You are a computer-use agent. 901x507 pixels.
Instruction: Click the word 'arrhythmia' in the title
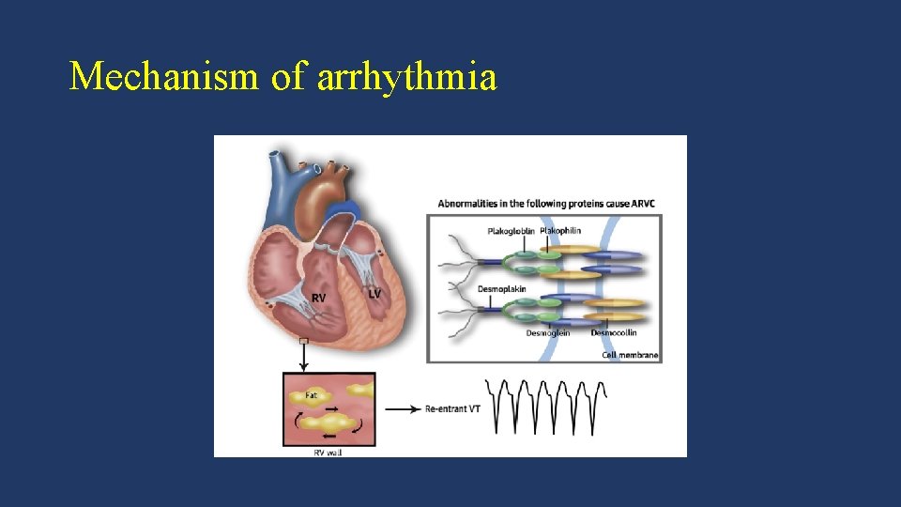pyautogui.click(x=406, y=77)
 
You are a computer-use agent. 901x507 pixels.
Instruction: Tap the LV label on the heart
pyautogui.click(x=374, y=293)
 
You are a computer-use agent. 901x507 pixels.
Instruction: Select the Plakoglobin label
pyautogui.click(x=512, y=231)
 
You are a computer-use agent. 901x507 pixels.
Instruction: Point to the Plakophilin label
pyautogui.click(x=560, y=230)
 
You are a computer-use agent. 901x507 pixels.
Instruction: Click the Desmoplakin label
pyautogui.click(x=502, y=289)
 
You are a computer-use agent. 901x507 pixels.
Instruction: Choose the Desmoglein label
pyautogui.click(x=548, y=333)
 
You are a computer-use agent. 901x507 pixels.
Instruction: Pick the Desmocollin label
pyautogui.click(x=614, y=332)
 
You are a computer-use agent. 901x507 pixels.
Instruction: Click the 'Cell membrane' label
pyautogui.click(x=630, y=355)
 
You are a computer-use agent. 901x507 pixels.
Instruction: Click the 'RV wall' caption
pyautogui.click(x=328, y=453)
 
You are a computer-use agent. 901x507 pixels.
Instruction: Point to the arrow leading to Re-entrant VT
pyautogui.click(x=402, y=408)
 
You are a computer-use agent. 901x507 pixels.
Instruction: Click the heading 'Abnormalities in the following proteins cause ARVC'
pyautogui.click(x=550, y=204)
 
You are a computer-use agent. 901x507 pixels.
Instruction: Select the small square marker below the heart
pyautogui.click(x=303, y=341)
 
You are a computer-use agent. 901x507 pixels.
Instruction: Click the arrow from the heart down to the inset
pyautogui.click(x=303, y=358)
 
